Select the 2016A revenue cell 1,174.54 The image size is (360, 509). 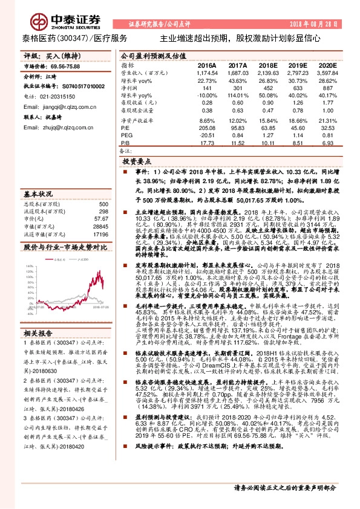(x=206, y=72)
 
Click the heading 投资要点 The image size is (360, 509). (x=136, y=163)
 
